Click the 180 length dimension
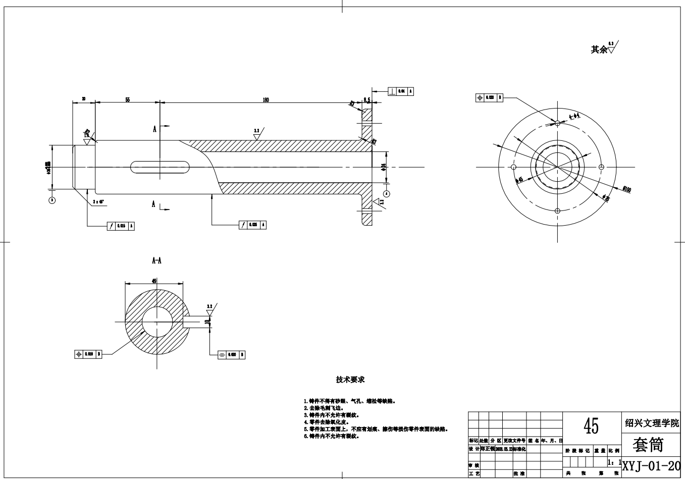pos(266,100)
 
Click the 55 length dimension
pos(127,100)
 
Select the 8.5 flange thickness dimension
pos(367,100)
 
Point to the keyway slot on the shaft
pos(160,167)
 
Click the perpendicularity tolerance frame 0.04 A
pos(401,91)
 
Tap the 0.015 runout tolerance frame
pos(121,226)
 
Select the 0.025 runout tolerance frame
pos(252,225)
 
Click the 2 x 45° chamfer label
pos(98,202)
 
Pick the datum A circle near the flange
pos(387,193)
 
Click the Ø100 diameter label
pos(627,189)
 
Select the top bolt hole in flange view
pos(557,123)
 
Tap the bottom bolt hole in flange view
pos(557,210)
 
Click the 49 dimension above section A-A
pos(153,281)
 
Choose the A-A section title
pos(156,261)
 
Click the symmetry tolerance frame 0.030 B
pos(232,355)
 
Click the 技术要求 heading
pos(350,379)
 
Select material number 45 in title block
pos(591,427)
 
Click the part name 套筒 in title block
pos(649,445)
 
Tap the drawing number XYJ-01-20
pos(651,465)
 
